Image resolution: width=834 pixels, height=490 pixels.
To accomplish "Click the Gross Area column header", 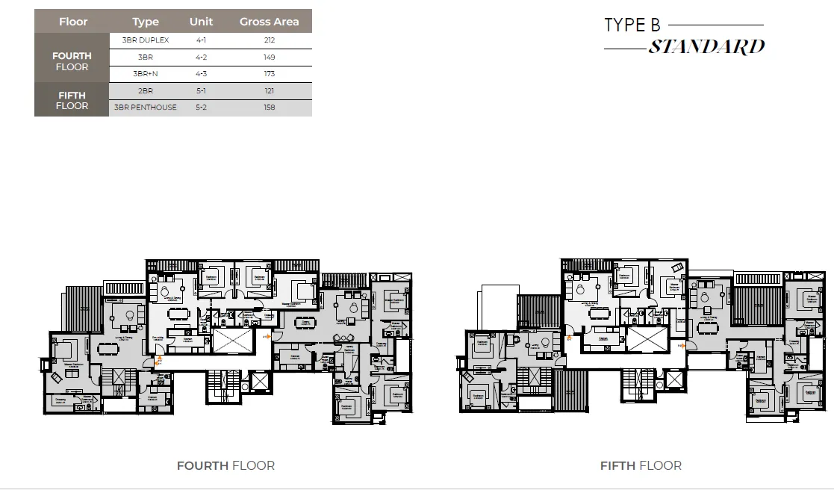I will (269, 22).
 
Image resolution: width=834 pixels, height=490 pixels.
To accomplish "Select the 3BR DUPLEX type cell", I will (146, 40).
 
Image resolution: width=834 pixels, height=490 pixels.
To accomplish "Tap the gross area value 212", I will (269, 40).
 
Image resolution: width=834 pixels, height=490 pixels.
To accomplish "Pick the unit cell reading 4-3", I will (201, 74).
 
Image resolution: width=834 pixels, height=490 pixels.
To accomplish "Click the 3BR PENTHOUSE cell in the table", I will (146, 108).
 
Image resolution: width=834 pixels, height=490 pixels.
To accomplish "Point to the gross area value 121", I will (269, 90).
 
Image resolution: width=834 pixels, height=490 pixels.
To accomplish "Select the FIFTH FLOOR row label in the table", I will (72, 100).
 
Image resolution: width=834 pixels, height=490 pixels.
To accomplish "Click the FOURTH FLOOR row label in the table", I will (72, 61).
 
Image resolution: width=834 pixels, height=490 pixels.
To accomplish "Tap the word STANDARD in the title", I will (706, 47).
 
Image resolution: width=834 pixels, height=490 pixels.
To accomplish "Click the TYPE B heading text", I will (632, 25).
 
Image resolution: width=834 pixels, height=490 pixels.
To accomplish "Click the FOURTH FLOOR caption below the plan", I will (225, 465).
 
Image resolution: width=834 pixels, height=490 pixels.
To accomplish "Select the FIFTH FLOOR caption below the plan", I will (641, 465).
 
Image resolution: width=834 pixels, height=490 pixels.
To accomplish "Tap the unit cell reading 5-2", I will (201, 108).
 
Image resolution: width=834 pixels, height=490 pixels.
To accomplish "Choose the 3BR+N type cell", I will (146, 74).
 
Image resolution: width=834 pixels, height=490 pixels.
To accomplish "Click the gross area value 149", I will (269, 57).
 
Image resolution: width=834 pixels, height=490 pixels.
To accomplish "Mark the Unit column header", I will (201, 22).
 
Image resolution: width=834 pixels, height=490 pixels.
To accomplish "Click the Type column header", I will (146, 22).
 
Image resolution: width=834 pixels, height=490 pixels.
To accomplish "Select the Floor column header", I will (73, 22).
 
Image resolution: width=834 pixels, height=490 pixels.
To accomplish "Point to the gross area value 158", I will (269, 108).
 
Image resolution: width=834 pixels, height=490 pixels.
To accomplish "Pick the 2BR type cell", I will (146, 90).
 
